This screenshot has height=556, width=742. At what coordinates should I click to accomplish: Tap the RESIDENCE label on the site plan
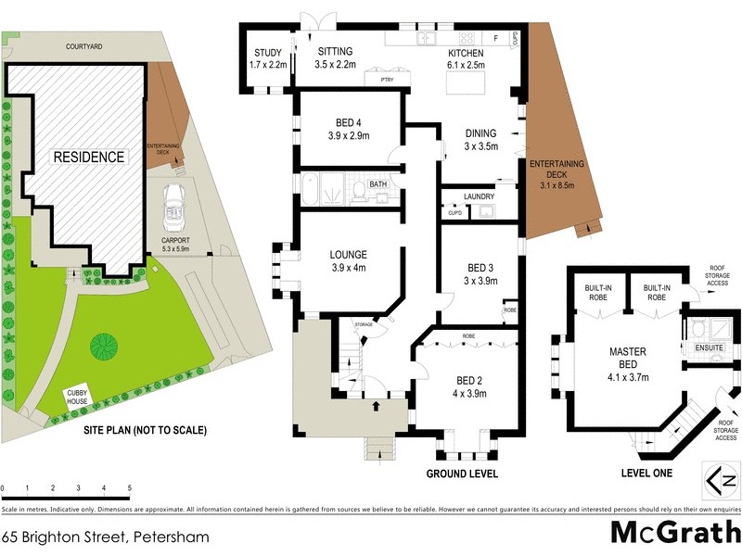88,157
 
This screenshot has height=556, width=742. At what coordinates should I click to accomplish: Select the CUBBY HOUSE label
77,397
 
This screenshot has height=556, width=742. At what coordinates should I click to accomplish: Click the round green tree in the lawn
104,347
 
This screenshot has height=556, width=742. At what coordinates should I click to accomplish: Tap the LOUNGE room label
349,260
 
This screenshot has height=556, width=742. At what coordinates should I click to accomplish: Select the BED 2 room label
470,386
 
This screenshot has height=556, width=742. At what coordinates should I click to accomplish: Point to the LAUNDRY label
479,196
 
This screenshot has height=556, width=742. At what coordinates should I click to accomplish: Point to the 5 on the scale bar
129,487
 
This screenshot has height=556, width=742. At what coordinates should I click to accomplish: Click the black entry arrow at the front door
376,406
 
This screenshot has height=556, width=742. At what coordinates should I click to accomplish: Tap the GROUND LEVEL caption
462,474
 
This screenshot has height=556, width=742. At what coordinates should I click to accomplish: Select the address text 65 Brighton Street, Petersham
105,537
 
